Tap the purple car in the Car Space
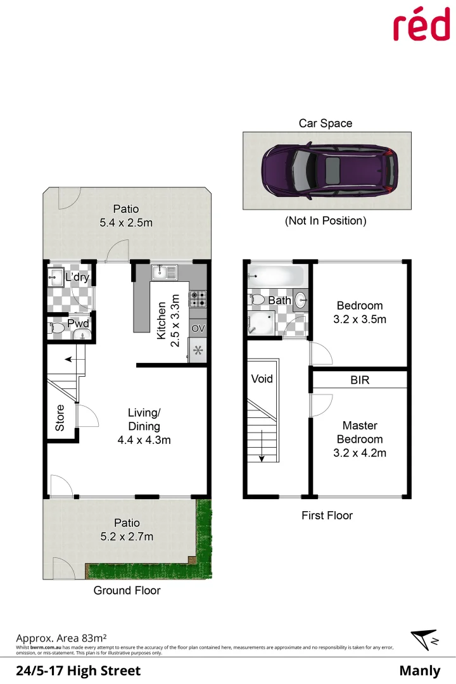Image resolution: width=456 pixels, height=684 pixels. pos(326,170)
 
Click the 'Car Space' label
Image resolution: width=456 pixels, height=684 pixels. pos(326,123)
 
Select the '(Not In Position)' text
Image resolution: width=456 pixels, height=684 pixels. pos(326,221)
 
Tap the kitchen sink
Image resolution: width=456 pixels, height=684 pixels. pos(164,272)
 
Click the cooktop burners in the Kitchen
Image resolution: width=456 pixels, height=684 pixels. pos(197,297)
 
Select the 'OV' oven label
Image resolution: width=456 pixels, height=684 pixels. pos(198,329)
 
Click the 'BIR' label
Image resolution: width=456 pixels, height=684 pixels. pos(360,381)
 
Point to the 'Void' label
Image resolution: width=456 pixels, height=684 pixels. pos(262,379)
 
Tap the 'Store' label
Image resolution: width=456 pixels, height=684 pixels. pos(60,418)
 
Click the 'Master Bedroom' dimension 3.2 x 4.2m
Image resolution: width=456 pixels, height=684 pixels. pos(360,453)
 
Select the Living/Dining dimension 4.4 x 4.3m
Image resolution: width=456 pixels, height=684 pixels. pos(144,440)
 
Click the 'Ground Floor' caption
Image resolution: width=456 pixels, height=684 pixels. pos(127,590)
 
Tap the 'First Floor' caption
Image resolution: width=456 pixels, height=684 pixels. pos(327,516)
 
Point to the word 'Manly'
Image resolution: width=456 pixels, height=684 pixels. pos(419,671)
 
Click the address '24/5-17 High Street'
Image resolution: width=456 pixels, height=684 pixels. pos(78,671)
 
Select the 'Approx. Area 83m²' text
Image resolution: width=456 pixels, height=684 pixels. pos(61,638)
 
